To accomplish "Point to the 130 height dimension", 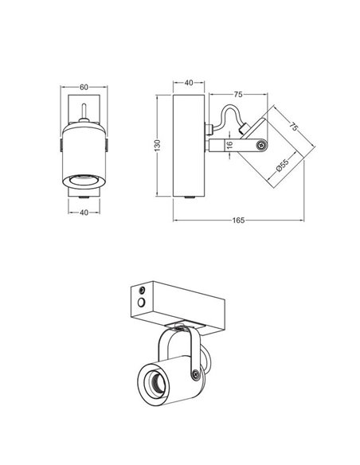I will pyautogui.click(x=158, y=144).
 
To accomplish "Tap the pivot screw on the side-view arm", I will pyautogui.click(x=260, y=145).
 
